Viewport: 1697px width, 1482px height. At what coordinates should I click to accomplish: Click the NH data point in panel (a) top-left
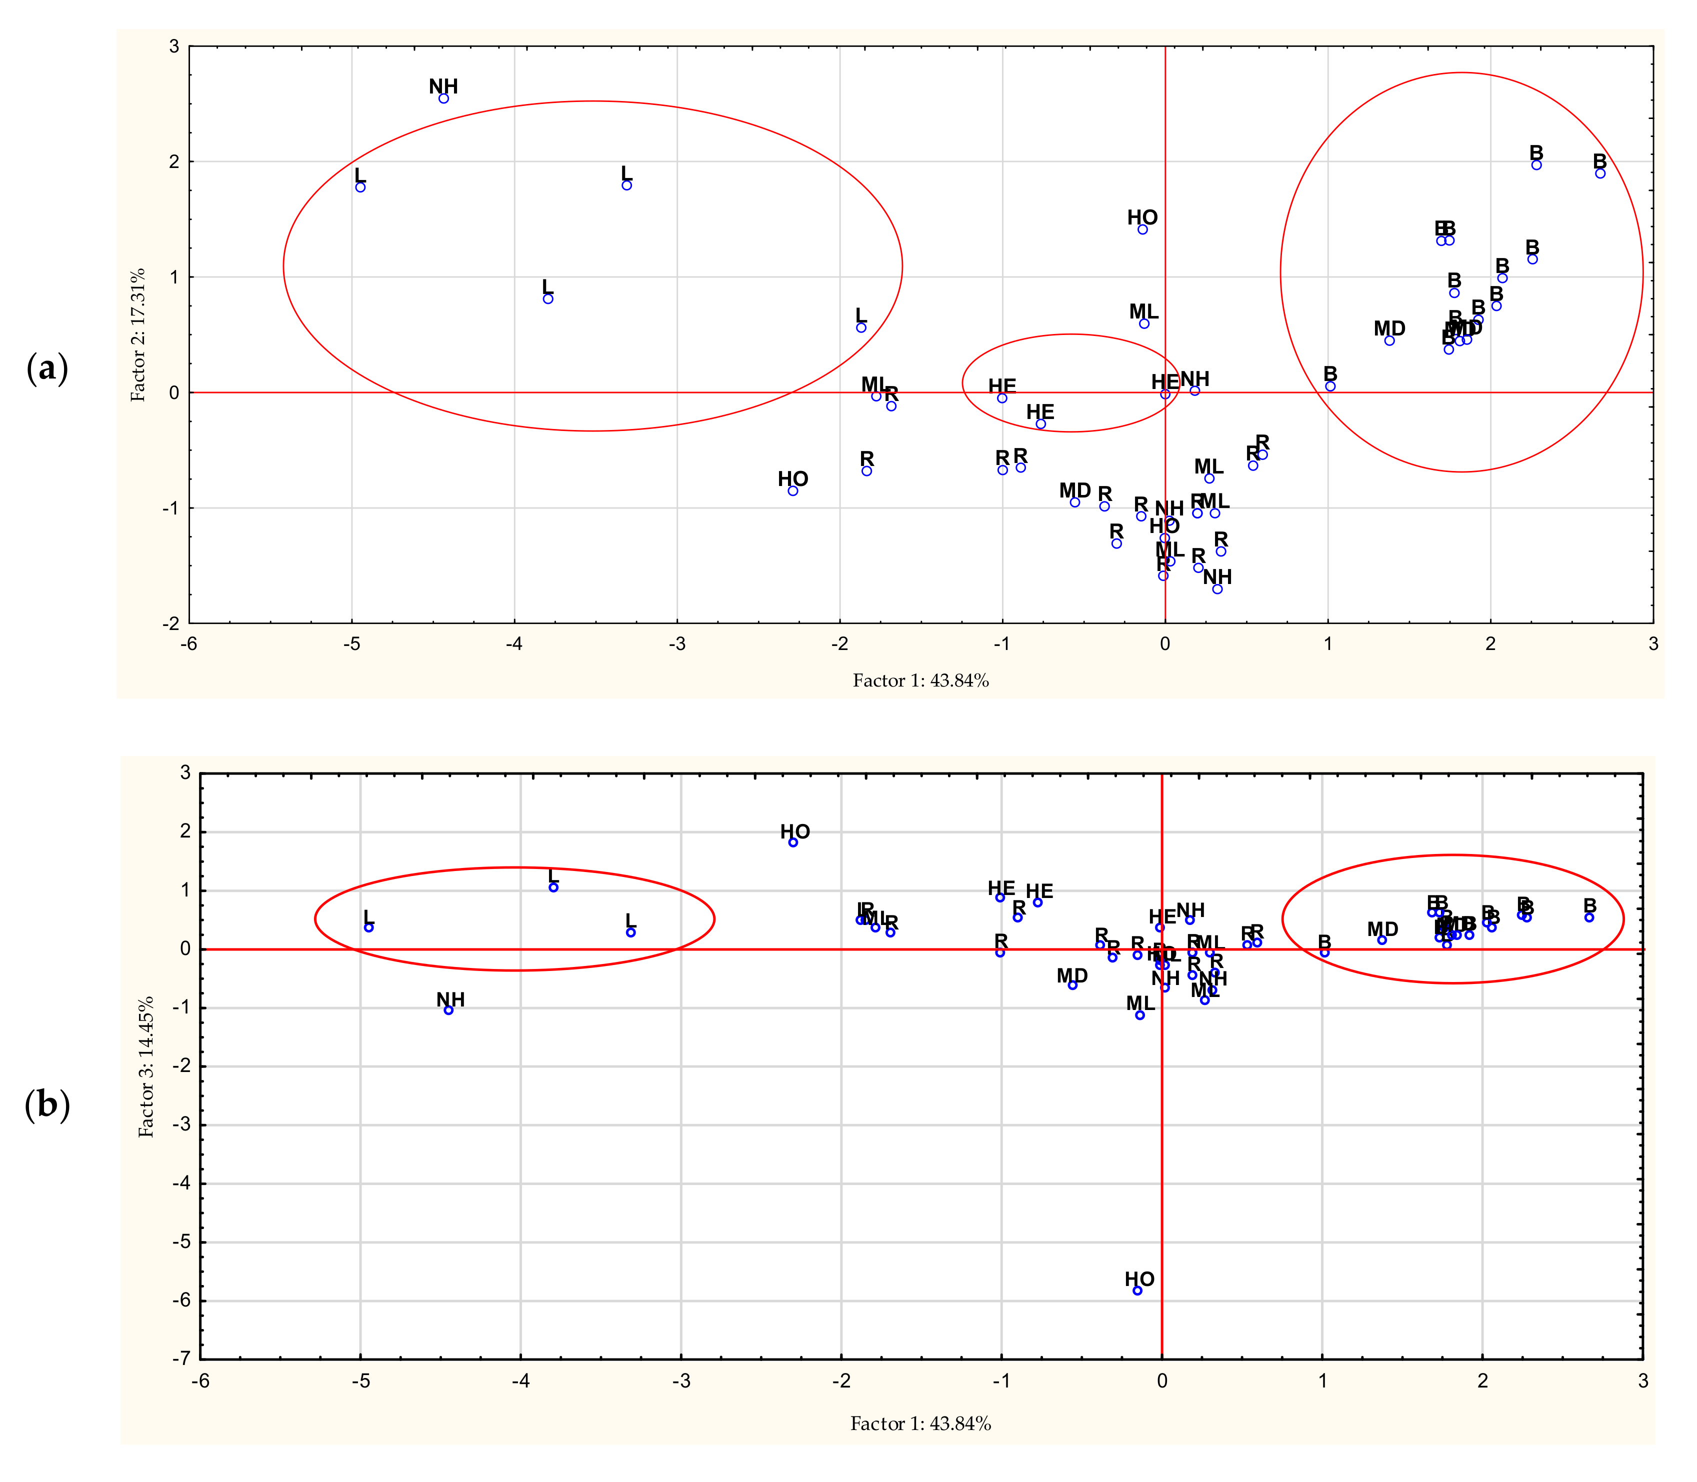(443, 98)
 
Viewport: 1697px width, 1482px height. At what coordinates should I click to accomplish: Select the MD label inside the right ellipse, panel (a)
(1389, 329)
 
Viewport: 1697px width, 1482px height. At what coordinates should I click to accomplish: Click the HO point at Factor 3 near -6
(1137, 1290)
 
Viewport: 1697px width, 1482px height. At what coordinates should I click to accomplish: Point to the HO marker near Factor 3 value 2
(793, 842)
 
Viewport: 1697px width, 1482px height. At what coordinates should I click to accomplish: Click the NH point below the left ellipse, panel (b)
(448, 1010)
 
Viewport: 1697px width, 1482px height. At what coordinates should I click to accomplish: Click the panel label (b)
(47, 1104)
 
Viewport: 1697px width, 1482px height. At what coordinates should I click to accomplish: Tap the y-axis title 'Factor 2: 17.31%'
(138, 335)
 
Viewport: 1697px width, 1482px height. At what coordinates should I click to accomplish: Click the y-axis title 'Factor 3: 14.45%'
(146, 1067)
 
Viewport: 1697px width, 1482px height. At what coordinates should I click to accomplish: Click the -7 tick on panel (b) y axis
(181, 1359)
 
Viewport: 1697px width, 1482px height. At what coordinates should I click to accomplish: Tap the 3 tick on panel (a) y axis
(173, 46)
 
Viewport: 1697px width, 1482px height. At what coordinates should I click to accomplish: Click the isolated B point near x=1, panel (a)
(1330, 386)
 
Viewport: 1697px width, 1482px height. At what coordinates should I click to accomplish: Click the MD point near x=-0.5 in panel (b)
(1072, 985)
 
